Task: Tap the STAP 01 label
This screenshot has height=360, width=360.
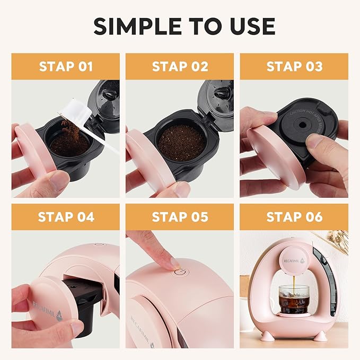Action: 66,66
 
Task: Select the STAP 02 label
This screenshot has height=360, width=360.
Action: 180,66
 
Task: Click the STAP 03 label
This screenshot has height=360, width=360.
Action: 294,66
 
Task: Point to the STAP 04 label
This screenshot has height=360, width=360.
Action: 66,217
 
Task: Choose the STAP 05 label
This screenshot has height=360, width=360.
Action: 180,217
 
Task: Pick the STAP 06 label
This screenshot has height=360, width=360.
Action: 294,217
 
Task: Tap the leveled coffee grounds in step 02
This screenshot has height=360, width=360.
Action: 182,142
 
